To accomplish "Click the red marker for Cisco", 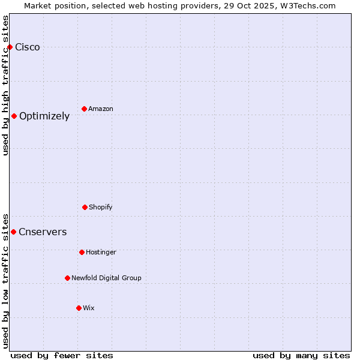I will pyautogui.click(x=10, y=47).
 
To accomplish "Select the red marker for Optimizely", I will pyautogui.click(x=14, y=116).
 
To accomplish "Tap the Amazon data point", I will pyautogui.click(x=84, y=109).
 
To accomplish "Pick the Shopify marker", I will pyautogui.click(x=85, y=207).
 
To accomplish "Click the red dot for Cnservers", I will pyautogui.click(x=13, y=232).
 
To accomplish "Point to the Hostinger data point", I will pyautogui.click(x=82, y=252).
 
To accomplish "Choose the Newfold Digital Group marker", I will pyautogui.click(x=67, y=278).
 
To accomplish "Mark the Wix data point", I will pyautogui.click(x=79, y=308).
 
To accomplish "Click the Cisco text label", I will pyautogui.click(x=28, y=47).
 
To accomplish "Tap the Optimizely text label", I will pyautogui.click(x=44, y=116).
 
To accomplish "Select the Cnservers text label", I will pyautogui.click(x=43, y=232).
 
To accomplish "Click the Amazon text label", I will pyautogui.click(x=101, y=109).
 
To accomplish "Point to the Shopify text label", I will pyautogui.click(x=101, y=207).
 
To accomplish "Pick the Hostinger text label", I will pyautogui.click(x=101, y=252).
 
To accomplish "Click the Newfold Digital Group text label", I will pyautogui.click(x=106, y=278).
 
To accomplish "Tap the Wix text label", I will pyautogui.click(x=89, y=308).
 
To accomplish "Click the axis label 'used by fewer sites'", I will pyautogui.click(x=62, y=355).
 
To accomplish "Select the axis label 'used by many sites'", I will pyautogui.click(x=301, y=355).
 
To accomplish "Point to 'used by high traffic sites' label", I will pyautogui.click(x=5, y=85).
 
